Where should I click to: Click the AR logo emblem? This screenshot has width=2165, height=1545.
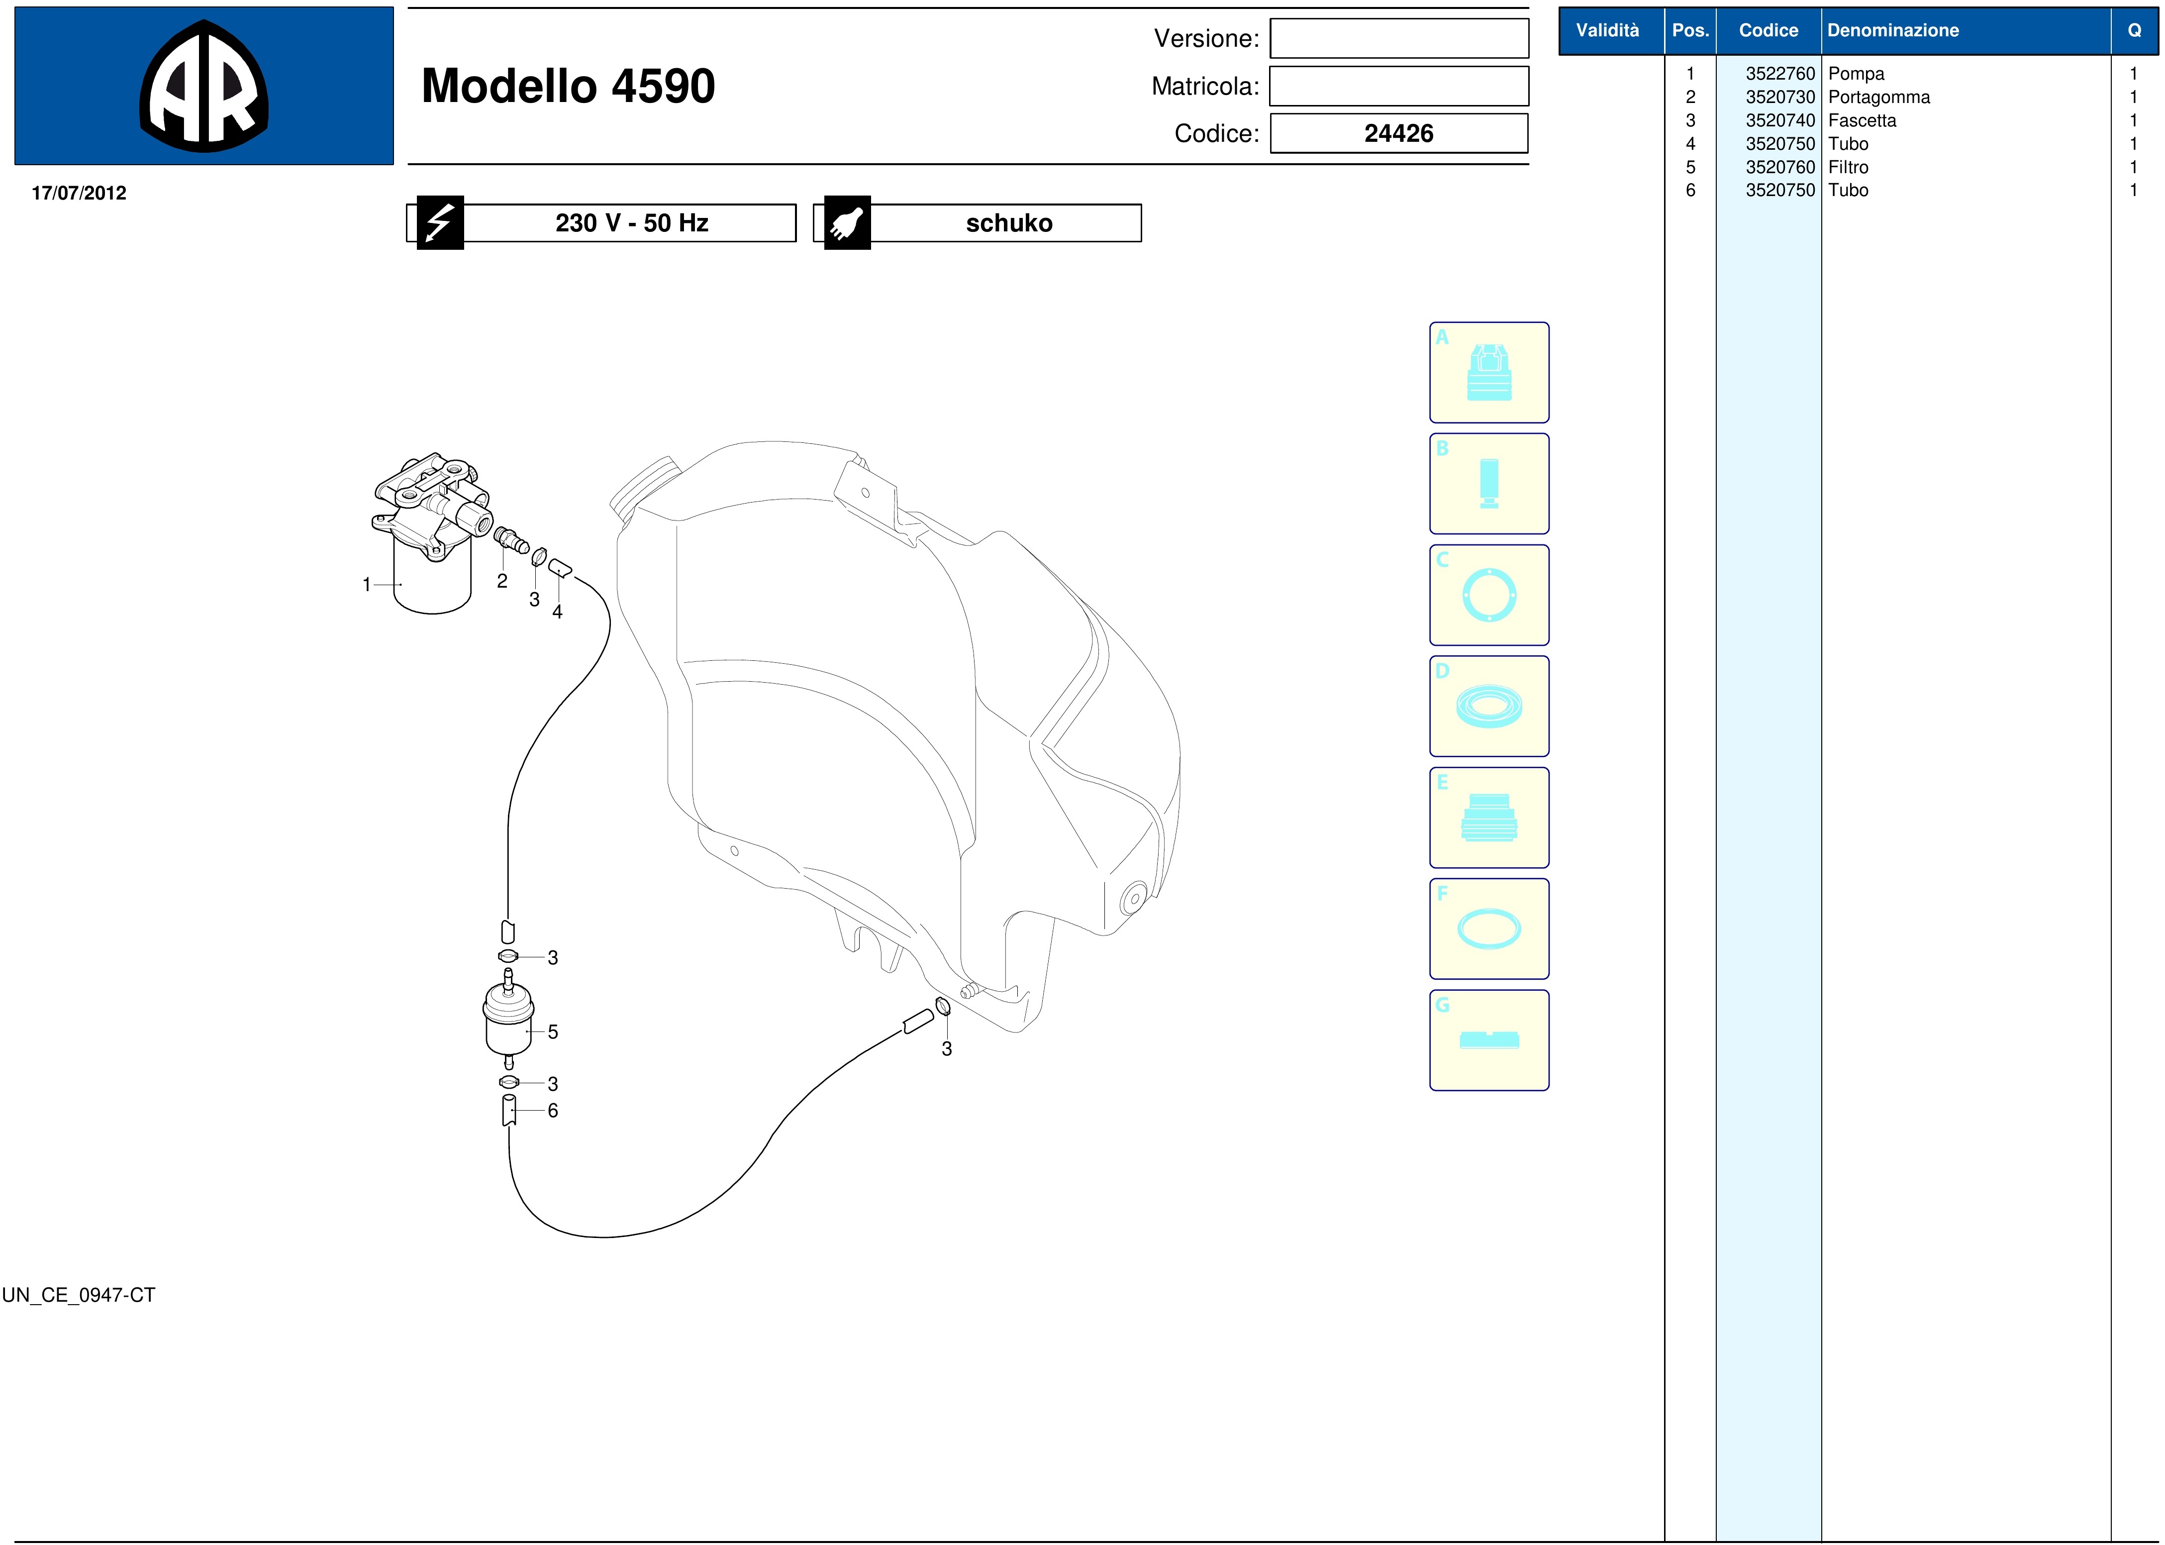(203, 86)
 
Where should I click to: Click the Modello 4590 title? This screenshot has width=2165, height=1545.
(568, 86)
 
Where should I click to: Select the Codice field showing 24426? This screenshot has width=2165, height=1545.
(1398, 133)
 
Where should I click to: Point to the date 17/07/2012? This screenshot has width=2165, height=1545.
(79, 193)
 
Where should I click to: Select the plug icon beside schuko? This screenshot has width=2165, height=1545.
(847, 222)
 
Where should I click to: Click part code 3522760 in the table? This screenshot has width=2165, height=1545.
(1780, 73)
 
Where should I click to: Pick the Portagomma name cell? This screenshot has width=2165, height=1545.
(1878, 97)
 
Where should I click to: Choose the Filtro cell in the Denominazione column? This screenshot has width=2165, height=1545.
(1848, 167)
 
